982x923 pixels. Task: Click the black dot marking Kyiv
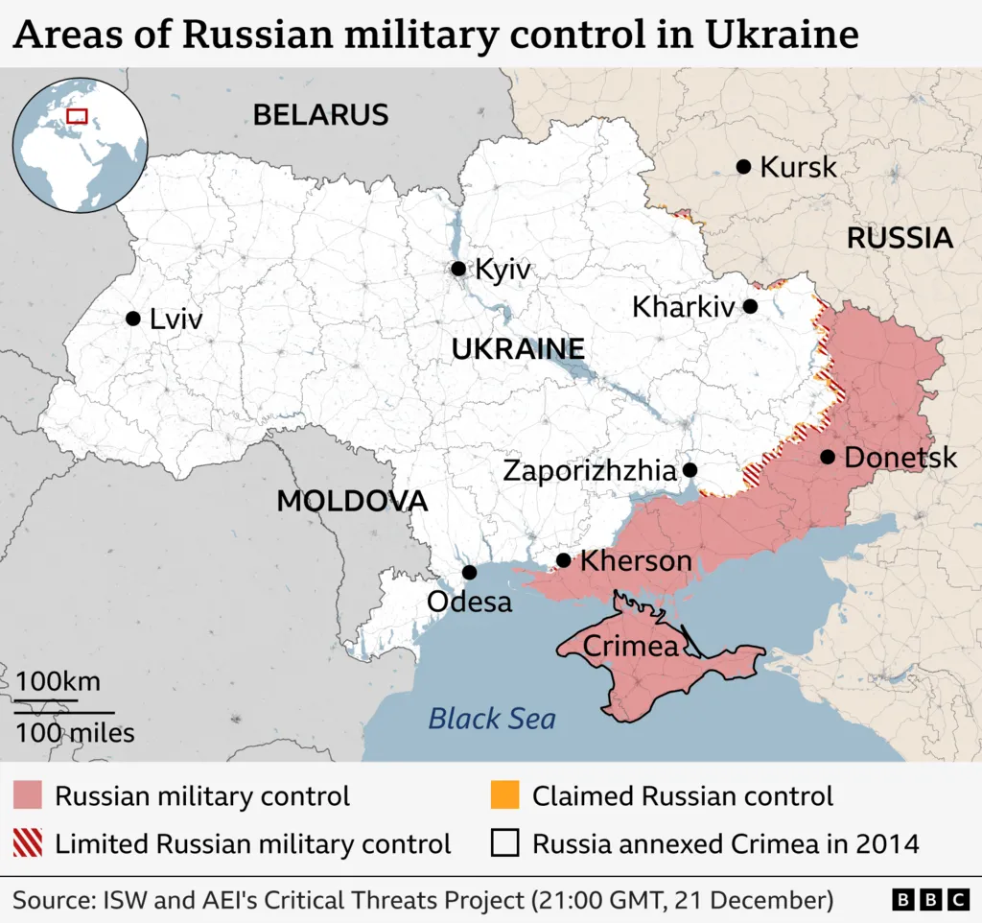pyautogui.click(x=458, y=269)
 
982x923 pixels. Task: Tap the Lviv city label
pyautogui.click(x=176, y=319)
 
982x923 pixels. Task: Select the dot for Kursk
pyautogui.click(x=743, y=167)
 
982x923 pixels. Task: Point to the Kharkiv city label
pyautogui.click(x=683, y=307)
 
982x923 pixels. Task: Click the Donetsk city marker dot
pyautogui.click(x=828, y=457)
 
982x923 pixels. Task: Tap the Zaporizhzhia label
pyautogui.click(x=589, y=471)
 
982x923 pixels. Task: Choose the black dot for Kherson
pyautogui.click(x=563, y=560)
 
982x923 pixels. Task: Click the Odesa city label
pyautogui.click(x=469, y=603)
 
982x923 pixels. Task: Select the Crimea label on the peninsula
pyautogui.click(x=630, y=646)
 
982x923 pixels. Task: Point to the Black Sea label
pyautogui.click(x=491, y=718)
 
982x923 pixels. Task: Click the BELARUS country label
pyautogui.click(x=320, y=115)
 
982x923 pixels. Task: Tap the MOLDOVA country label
pyautogui.click(x=352, y=501)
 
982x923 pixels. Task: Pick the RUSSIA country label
pyautogui.click(x=899, y=238)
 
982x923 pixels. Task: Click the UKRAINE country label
pyautogui.click(x=518, y=349)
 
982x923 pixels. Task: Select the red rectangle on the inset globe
pyautogui.click(x=77, y=116)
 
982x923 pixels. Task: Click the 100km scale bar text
pyautogui.click(x=58, y=682)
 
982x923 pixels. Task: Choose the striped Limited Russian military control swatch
pyautogui.click(x=28, y=843)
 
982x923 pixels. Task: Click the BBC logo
pyautogui.click(x=930, y=900)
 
